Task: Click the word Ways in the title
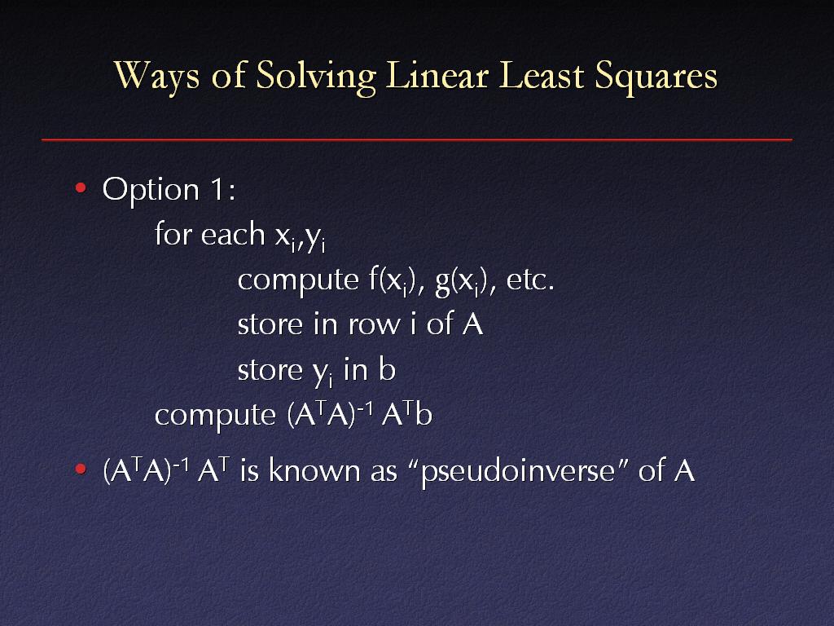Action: (157, 75)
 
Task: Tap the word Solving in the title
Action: (316, 77)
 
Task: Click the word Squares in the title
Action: (656, 76)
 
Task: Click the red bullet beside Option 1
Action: (81, 188)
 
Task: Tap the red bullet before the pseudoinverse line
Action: (81, 469)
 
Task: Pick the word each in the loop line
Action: (233, 234)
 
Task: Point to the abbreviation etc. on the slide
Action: (530, 281)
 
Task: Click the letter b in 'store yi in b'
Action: (387, 368)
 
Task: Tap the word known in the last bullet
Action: (314, 469)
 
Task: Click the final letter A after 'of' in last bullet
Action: (684, 470)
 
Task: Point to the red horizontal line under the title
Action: (417, 140)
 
